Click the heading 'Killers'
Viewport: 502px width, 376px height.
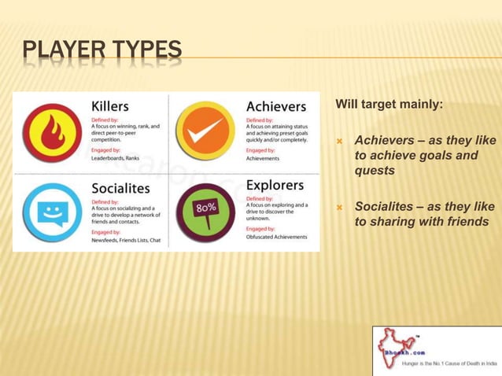click(x=110, y=105)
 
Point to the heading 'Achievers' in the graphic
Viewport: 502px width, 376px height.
click(x=276, y=106)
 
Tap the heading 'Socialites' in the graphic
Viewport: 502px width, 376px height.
click(x=120, y=188)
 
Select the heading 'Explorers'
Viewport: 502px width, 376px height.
click(x=275, y=185)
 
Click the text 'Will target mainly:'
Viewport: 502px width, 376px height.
click(x=389, y=104)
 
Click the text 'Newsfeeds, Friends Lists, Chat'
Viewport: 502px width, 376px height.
click(x=127, y=241)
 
